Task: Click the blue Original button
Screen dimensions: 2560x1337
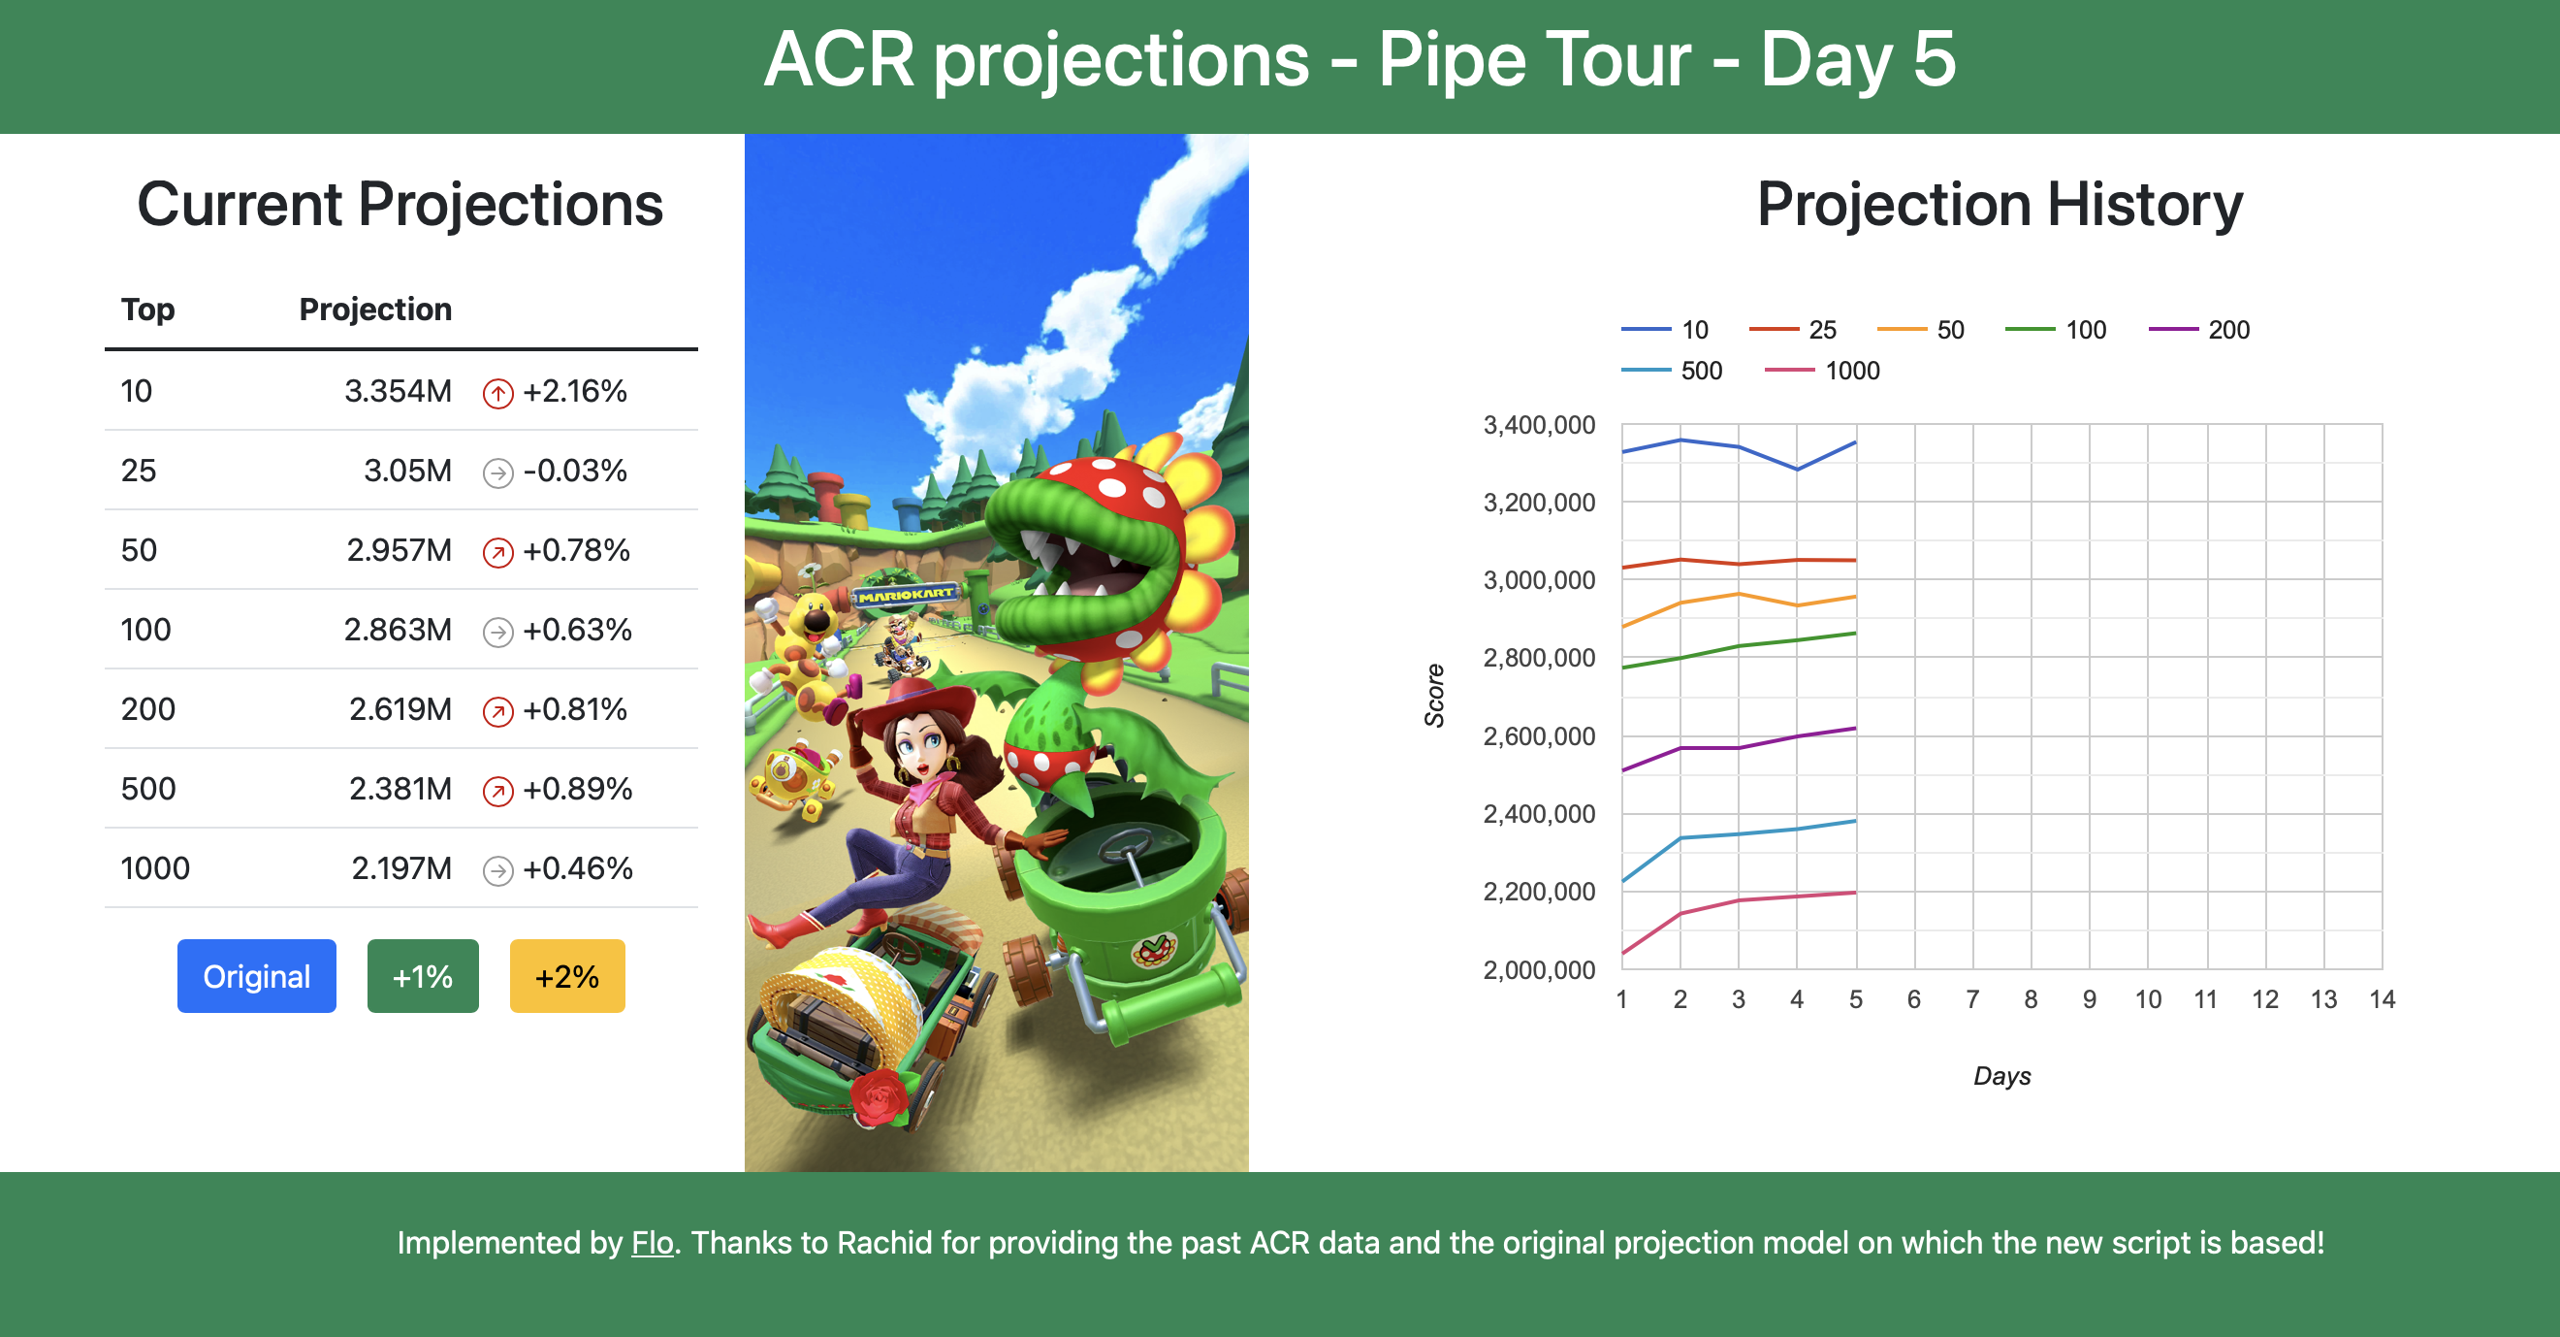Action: coord(256,975)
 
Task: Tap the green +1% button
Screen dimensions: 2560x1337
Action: coord(423,975)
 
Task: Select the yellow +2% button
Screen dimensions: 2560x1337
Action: coord(566,975)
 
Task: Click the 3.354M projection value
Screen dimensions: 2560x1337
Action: coord(398,391)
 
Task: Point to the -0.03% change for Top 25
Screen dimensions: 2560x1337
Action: coord(575,471)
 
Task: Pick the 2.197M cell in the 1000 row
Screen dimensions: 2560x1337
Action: coord(401,867)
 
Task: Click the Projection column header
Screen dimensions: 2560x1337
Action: coord(375,310)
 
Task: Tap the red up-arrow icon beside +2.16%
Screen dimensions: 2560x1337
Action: coord(497,394)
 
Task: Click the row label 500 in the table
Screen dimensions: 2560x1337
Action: coord(148,788)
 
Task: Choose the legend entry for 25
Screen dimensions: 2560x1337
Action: coord(1793,330)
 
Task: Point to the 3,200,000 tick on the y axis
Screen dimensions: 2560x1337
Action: coord(1538,503)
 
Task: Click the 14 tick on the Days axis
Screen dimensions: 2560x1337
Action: coord(2382,999)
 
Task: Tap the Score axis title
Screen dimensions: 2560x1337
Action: coord(1434,696)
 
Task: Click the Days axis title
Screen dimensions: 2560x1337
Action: coord(2001,1076)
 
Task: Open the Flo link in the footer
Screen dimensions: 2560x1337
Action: coord(652,1243)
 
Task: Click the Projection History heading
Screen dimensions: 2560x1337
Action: coord(2000,204)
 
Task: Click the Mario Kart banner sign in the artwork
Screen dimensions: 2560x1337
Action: coord(906,595)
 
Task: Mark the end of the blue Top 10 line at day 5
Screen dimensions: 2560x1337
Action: coord(1855,442)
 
